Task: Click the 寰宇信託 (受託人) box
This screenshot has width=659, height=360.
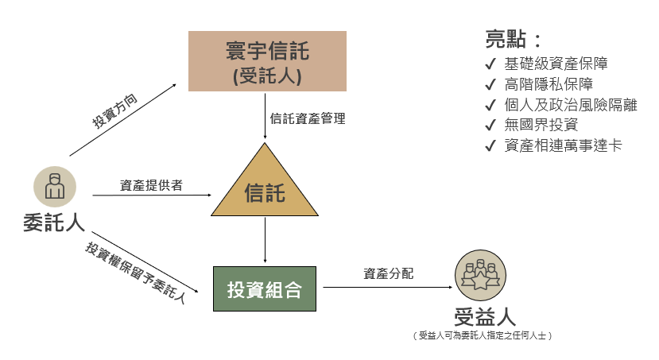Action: [266, 61]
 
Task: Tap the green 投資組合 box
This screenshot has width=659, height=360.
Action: [265, 289]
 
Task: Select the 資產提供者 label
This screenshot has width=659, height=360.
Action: [151, 185]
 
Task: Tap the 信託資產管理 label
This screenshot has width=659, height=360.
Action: [307, 118]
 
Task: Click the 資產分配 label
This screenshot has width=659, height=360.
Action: [389, 274]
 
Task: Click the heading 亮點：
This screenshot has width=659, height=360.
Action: [514, 40]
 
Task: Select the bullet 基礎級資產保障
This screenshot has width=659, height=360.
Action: [556, 64]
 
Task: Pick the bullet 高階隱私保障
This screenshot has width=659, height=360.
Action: [548, 84]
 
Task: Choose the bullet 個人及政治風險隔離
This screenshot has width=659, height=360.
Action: [570, 105]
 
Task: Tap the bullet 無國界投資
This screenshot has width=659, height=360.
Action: [541, 125]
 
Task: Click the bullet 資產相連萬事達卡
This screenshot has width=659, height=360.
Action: [562, 145]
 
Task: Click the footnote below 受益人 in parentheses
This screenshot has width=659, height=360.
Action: [483, 336]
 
